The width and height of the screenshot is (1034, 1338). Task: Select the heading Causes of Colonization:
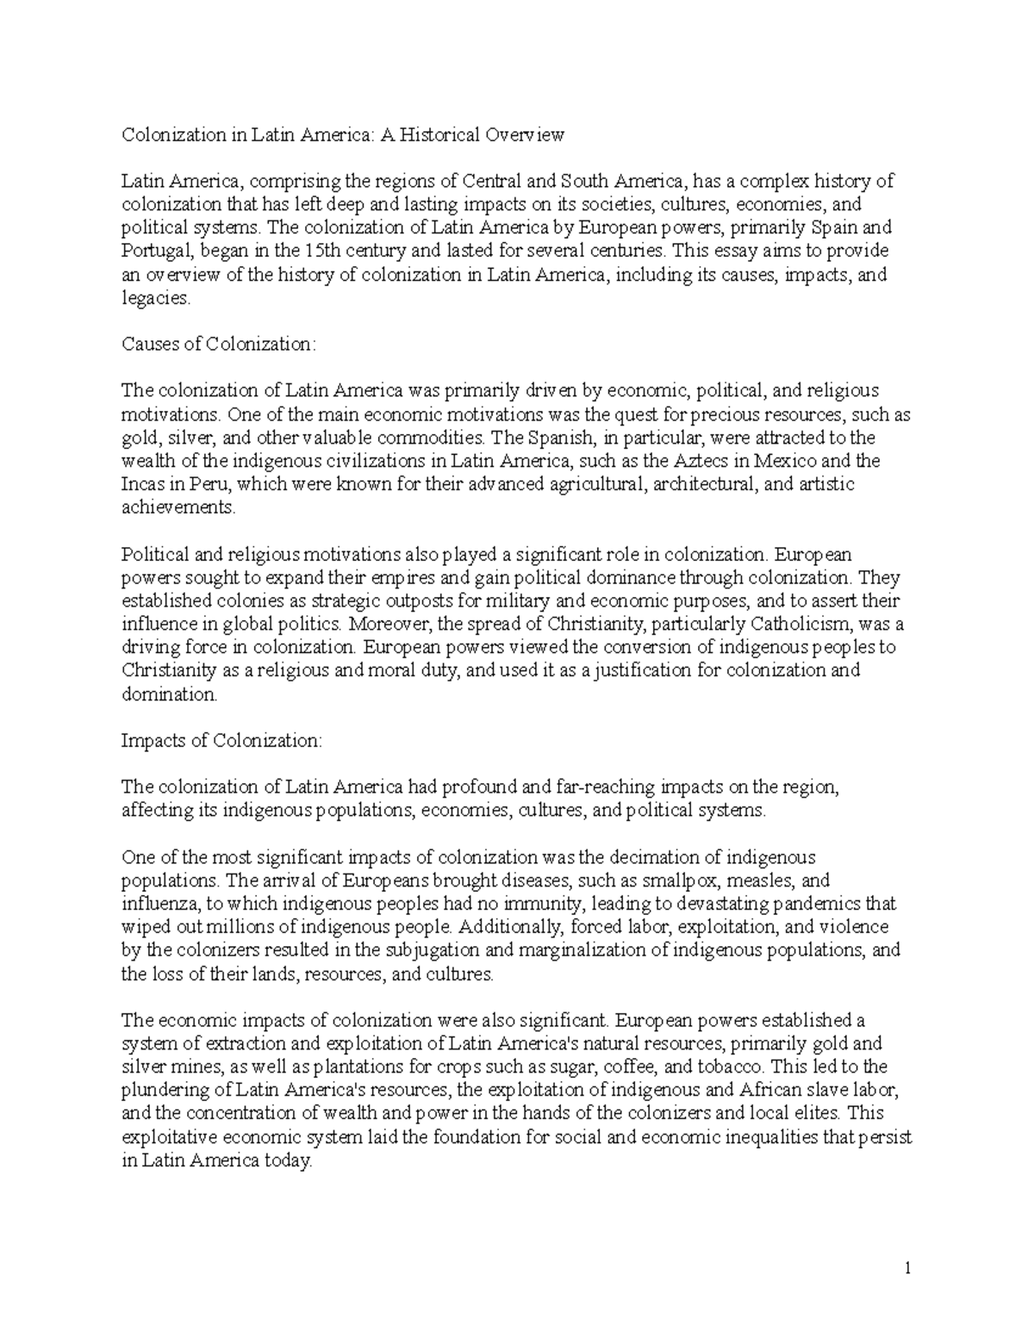pyautogui.click(x=219, y=345)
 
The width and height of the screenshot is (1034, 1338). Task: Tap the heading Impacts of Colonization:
pyautogui.click(x=221, y=741)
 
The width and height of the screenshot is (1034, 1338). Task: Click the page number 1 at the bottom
pyautogui.click(x=908, y=1268)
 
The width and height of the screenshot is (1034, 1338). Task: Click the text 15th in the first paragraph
pyautogui.click(x=321, y=252)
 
